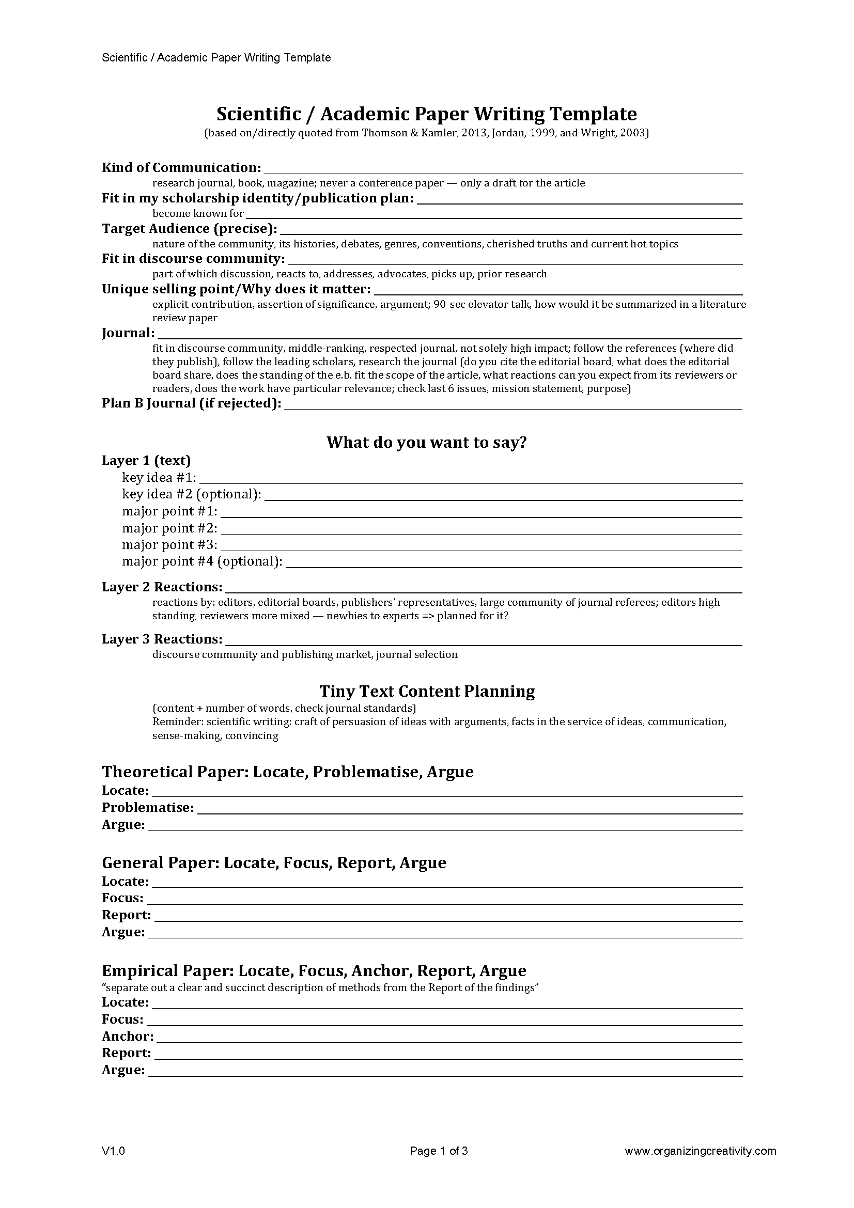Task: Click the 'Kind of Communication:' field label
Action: coord(181,168)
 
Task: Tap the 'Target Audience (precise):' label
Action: coord(190,229)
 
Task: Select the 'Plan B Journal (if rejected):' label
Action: coord(192,403)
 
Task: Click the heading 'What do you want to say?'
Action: coord(427,442)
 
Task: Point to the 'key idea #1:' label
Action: coord(159,478)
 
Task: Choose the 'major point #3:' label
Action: coord(169,544)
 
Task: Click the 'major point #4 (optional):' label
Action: coord(202,561)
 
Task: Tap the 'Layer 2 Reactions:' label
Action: coord(162,587)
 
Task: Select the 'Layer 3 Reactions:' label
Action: coord(162,639)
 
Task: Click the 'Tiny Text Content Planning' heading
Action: coord(427,692)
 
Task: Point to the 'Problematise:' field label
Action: coord(148,808)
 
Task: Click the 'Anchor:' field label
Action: coord(128,1037)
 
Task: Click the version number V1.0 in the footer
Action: coord(113,1151)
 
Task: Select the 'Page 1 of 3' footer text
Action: coord(439,1151)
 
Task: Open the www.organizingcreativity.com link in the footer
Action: coord(701,1151)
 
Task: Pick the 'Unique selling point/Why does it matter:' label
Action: coord(236,289)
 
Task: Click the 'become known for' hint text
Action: coord(198,214)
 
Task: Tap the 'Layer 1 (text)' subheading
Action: coord(146,461)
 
